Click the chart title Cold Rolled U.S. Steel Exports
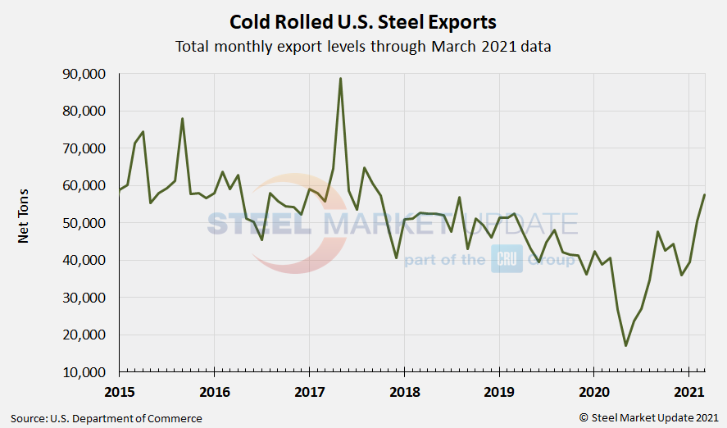point(363,20)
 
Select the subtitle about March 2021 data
point(363,46)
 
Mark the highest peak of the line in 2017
point(340,79)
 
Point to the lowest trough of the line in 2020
point(625,345)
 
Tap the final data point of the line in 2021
point(705,194)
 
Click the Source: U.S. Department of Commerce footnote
point(106,418)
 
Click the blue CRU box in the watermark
point(507,260)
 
